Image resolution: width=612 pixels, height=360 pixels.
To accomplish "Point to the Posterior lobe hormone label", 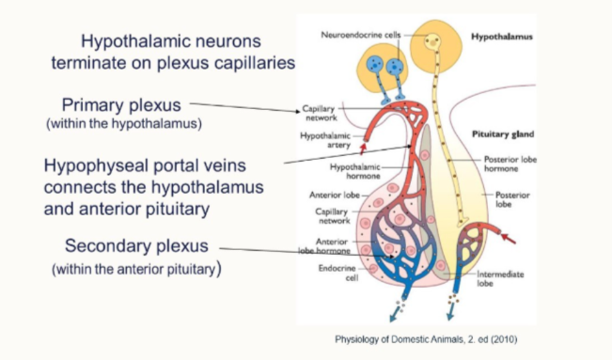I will tap(509, 164).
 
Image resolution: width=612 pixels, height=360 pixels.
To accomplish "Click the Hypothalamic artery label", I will tap(324, 139).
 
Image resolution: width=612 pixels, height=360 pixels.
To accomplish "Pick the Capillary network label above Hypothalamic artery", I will tap(320, 112).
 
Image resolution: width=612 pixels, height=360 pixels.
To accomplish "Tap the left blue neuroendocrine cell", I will tap(374, 66).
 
